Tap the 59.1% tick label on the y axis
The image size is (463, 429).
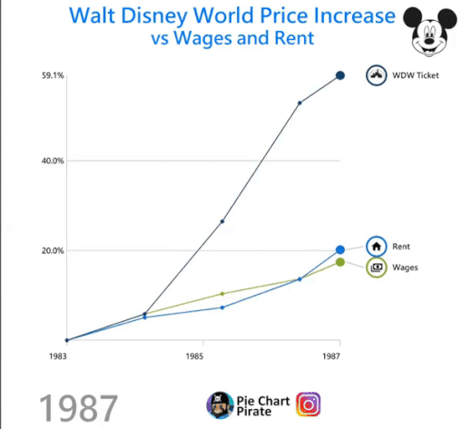53,76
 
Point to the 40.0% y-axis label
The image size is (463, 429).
53,161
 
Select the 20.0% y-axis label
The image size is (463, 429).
53,251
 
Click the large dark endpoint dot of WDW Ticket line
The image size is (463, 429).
340,75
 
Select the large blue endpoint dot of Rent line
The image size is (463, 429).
340,249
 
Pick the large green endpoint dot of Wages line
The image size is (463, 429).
340,262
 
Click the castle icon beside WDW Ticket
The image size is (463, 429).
376,75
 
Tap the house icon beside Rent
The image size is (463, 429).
376,246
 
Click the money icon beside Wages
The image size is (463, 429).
376,268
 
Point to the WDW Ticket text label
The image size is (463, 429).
415,75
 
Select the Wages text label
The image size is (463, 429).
405,268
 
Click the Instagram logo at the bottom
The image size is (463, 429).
310,404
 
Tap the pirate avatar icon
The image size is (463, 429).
219,404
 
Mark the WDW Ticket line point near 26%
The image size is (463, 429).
222,221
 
